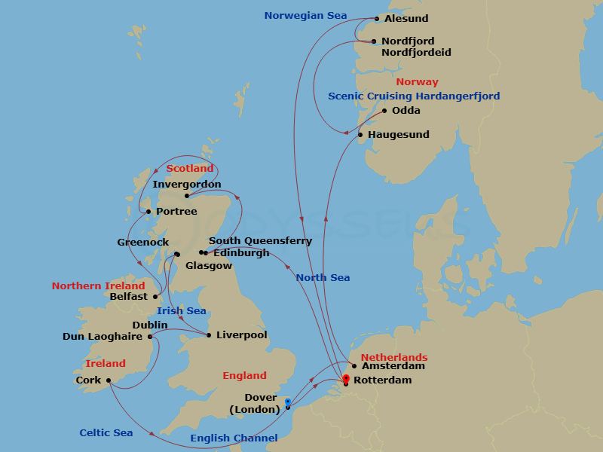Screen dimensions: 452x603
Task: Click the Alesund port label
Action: tap(407, 19)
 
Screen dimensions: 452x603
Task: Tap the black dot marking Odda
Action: tap(384, 111)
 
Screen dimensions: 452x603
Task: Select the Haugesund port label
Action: tap(398, 135)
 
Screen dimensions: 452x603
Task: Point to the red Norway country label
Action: tap(417, 81)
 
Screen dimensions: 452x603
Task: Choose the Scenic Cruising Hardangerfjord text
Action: tap(414, 96)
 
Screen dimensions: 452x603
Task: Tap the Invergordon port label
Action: tap(187, 184)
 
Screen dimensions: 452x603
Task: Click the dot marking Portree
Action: tap(148, 212)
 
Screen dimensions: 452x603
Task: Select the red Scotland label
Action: tap(190, 169)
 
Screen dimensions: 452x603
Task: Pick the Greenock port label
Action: tap(143, 243)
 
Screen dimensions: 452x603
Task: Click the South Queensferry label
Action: tap(260, 241)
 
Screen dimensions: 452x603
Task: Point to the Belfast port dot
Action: tap(155, 297)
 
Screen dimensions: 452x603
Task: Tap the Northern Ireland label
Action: tap(98, 286)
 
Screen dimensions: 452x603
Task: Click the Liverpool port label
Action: tap(241, 335)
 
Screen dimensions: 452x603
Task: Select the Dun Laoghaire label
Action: tap(103, 337)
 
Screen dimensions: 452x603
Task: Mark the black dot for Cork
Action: tap(109, 380)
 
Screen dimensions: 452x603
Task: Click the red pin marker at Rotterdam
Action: tap(346, 379)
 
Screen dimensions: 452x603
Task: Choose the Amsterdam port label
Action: tap(393, 366)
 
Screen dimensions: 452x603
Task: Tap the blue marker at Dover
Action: tap(288, 402)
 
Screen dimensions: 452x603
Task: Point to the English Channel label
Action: tap(234, 438)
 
